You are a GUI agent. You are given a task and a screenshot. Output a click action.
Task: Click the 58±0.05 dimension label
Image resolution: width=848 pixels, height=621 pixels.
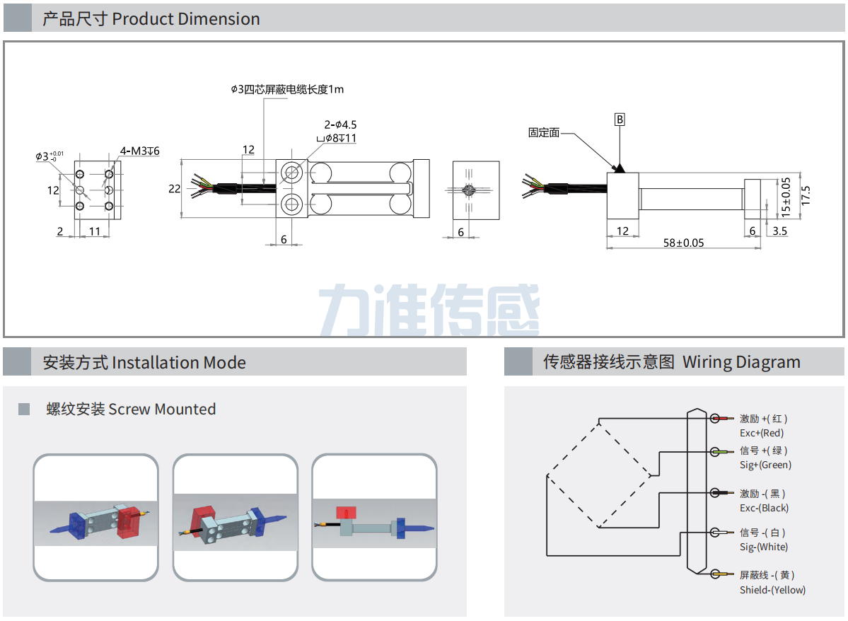pos(683,243)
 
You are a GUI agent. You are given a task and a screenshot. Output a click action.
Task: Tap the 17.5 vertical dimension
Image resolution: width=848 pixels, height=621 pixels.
pos(806,196)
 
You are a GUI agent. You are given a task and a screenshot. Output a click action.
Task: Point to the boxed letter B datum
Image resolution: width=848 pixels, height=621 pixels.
pos(620,120)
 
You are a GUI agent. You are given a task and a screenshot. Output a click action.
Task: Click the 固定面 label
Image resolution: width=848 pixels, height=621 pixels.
pos(544,132)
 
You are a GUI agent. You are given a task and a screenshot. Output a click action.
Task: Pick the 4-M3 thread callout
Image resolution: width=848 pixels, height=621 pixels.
pos(139,151)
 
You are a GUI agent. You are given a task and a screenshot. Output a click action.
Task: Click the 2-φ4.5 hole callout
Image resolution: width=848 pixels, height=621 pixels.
pos(340,125)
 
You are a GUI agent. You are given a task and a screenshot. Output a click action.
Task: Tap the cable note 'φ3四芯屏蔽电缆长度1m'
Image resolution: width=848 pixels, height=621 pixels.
pos(287,90)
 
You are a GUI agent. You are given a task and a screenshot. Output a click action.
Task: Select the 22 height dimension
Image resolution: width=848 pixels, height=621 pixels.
pos(175,188)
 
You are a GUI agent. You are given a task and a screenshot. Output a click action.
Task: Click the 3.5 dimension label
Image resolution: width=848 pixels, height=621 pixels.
pos(779,231)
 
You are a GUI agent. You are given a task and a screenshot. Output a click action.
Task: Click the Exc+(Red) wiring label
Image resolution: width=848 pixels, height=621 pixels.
pos(762,433)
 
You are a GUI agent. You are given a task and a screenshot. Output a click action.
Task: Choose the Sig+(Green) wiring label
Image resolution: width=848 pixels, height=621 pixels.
pos(765,465)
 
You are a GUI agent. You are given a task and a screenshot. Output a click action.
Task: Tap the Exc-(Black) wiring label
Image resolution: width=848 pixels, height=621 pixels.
pos(764,508)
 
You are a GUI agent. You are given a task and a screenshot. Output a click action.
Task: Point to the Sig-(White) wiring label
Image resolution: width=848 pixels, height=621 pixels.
pos(764,547)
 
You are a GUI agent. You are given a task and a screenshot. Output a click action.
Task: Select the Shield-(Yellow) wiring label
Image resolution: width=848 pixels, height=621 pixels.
pos(772,590)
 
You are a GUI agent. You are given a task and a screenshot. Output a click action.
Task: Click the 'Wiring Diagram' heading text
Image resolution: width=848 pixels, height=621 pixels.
pos(741,363)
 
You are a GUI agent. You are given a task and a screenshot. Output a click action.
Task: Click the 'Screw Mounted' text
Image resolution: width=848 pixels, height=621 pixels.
pos(162,409)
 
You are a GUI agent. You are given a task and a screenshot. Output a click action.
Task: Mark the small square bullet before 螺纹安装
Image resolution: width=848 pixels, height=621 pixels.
pos(24,409)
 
